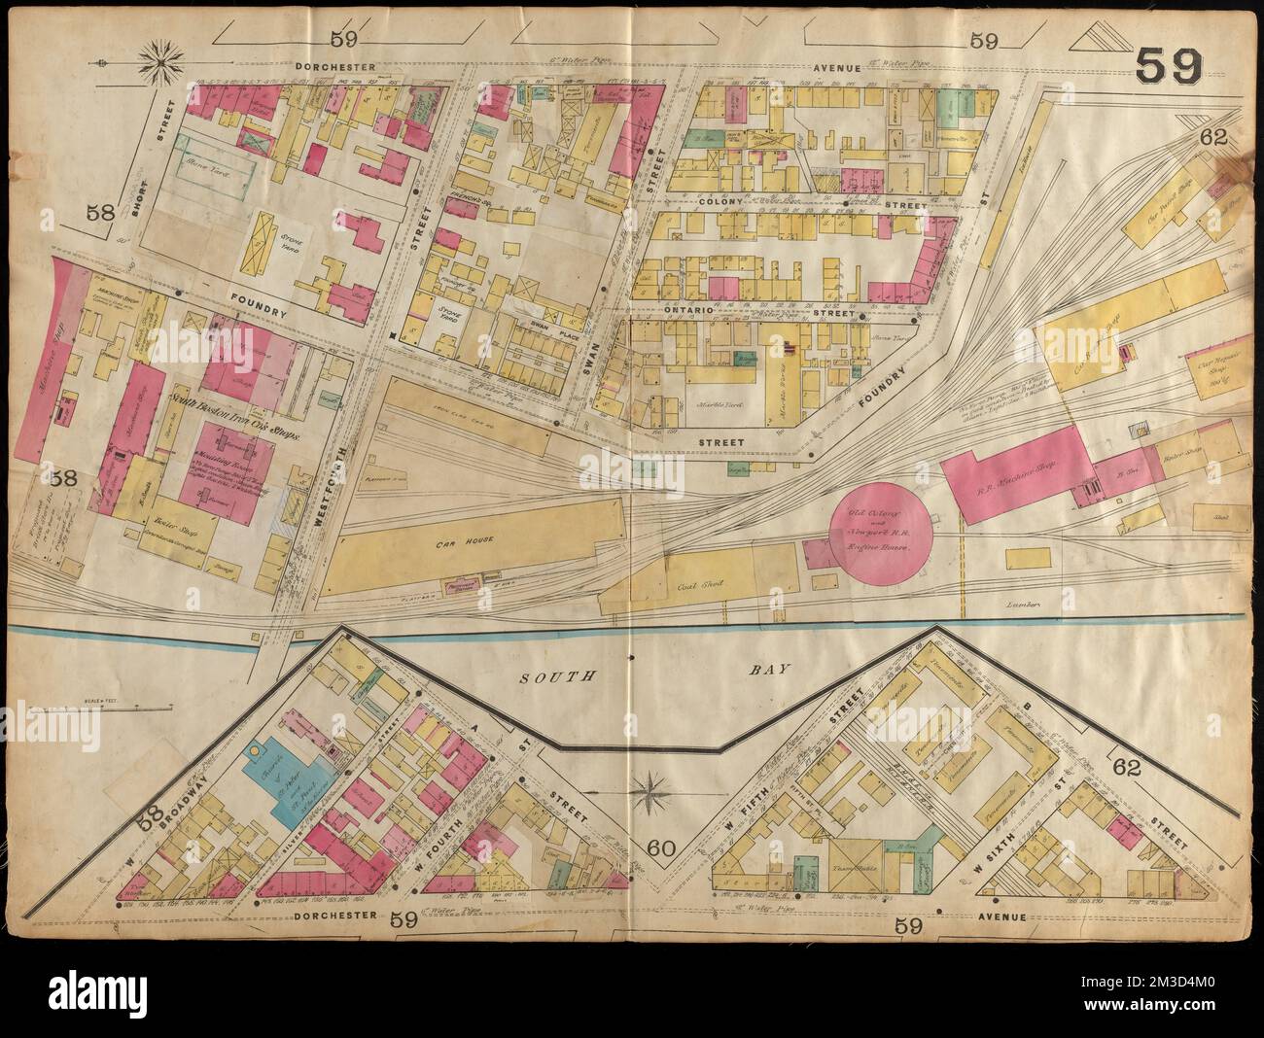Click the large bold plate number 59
coord(1167,67)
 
